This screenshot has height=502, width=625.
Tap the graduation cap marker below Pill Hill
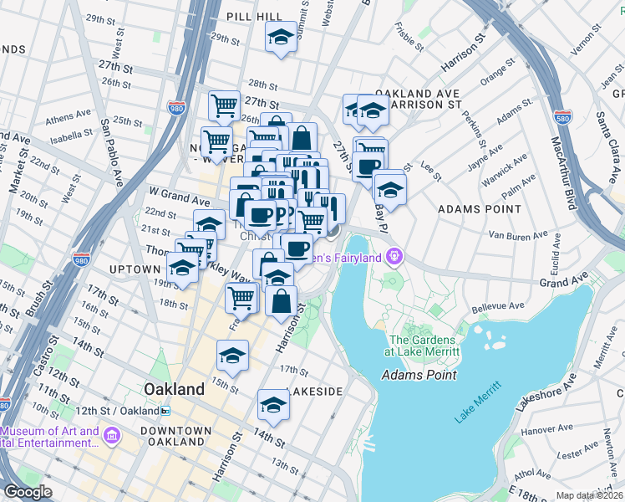click(281, 37)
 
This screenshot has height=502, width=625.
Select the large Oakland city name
click(174, 389)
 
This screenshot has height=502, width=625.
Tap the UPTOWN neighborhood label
click(134, 269)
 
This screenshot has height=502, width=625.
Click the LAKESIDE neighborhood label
click(314, 392)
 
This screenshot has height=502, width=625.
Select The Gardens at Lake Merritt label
click(422, 346)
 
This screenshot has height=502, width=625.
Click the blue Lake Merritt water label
click(479, 401)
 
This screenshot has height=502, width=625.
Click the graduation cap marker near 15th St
click(232, 355)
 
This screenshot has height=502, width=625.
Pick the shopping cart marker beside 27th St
click(224, 105)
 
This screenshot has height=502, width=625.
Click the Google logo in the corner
click(28, 492)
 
